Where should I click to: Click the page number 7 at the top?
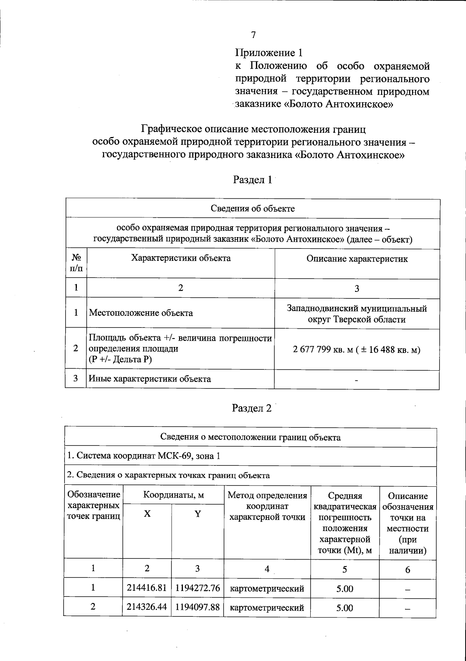tap(253, 35)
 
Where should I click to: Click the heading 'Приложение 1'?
tap(269, 52)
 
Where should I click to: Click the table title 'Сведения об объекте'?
tap(253, 209)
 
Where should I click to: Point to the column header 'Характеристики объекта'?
tap(181, 259)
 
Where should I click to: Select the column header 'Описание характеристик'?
tap(357, 259)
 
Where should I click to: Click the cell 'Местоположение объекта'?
tap(141, 313)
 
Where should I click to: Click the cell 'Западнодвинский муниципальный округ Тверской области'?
tap(357, 314)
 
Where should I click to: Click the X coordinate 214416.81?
tap(147, 588)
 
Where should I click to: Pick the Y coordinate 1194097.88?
tap(197, 607)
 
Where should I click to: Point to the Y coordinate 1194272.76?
tap(197, 588)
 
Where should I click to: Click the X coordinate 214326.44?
tap(147, 607)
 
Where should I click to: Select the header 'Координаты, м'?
tap(174, 495)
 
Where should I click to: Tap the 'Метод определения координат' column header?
tap(267, 506)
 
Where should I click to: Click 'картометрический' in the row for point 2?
tap(267, 607)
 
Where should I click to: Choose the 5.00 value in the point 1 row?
tap(344, 589)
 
